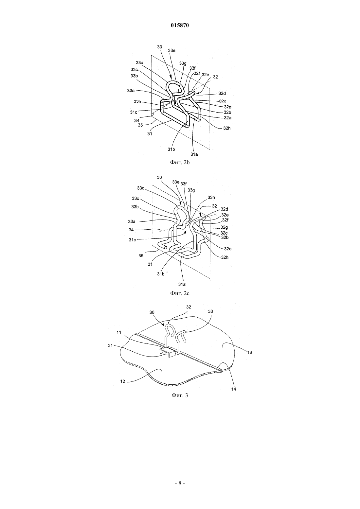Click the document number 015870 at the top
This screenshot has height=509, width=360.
pyautogui.click(x=180, y=26)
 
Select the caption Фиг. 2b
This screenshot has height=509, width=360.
pyautogui.click(x=180, y=163)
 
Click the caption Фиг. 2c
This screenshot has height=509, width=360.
pyautogui.click(x=180, y=293)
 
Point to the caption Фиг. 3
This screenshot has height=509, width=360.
pyautogui.click(x=180, y=401)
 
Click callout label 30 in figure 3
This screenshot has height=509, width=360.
pyautogui.click(x=152, y=312)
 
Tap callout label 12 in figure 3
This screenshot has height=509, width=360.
pyautogui.click(x=123, y=381)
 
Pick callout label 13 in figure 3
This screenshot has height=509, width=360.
pyautogui.click(x=249, y=352)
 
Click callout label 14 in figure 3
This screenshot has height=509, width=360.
pyautogui.click(x=234, y=389)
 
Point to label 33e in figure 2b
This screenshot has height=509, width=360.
pyautogui.click(x=171, y=51)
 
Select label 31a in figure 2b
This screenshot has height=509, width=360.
pyautogui.click(x=194, y=154)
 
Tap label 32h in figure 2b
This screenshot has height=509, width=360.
pyautogui.click(x=226, y=128)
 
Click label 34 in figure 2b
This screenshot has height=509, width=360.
pyautogui.click(x=136, y=120)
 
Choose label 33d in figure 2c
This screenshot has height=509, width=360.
pyautogui.click(x=141, y=188)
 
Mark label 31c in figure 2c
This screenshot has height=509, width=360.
pyautogui.click(x=133, y=239)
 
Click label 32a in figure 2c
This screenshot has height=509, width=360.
pyautogui.click(x=227, y=249)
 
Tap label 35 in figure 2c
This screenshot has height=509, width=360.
pyautogui.click(x=141, y=256)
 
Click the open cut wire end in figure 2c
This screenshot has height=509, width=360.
pyautogui.click(x=166, y=247)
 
